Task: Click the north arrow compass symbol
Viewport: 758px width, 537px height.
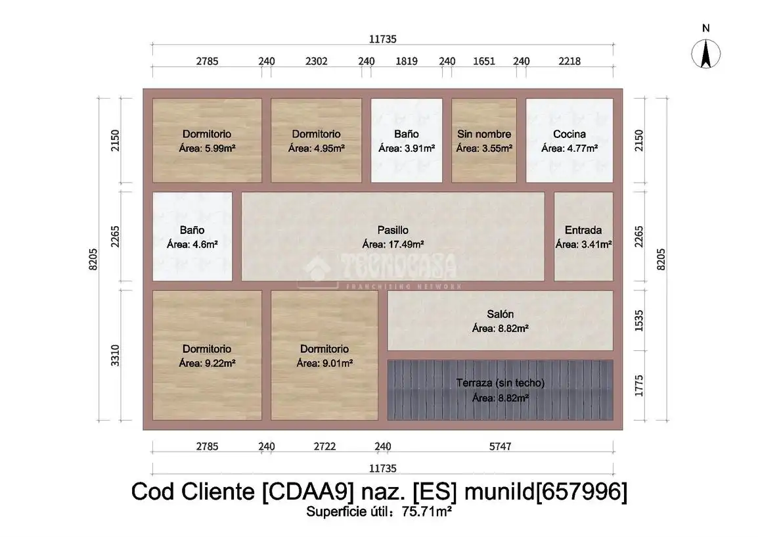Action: (706, 54)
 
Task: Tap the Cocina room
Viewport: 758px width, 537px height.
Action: (569, 140)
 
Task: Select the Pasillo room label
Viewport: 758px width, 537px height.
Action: (393, 230)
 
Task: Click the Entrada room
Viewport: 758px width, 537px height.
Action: (583, 237)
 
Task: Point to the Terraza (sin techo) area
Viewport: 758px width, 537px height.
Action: (501, 390)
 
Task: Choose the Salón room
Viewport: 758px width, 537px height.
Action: (501, 320)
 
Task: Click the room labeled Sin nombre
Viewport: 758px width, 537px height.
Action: (484, 140)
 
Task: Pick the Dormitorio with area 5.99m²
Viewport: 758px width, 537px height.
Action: (207, 140)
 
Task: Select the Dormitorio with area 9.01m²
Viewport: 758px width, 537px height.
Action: (324, 355)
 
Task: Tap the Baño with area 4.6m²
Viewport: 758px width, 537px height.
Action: (192, 237)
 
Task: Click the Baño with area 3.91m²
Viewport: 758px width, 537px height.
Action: (407, 140)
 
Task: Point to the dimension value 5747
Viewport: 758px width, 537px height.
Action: (500, 446)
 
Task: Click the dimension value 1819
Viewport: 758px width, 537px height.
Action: (407, 61)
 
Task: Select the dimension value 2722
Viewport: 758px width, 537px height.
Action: (324, 446)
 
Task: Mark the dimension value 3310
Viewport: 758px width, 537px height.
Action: (115, 355)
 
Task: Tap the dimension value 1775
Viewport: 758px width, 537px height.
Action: (638, 386)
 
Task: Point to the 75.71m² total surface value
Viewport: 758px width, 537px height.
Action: (427, 512)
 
